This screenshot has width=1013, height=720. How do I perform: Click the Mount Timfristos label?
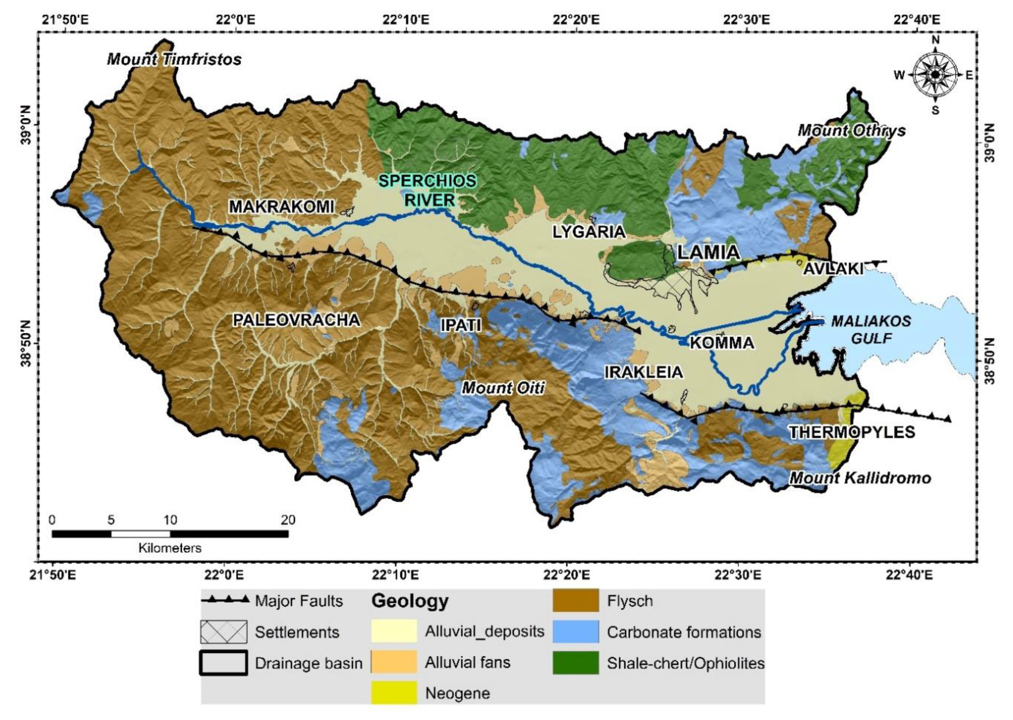(174, 59)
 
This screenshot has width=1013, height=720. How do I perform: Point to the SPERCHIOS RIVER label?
(428, 190)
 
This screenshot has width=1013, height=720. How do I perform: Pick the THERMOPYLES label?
(852, 432)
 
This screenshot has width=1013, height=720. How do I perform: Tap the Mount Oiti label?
(503, 388)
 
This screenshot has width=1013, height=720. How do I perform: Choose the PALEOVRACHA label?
(296, 320)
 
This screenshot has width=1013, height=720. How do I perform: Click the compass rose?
(935, 75)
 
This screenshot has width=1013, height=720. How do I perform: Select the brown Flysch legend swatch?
(575, 601)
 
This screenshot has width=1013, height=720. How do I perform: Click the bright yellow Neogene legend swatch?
(394, 692)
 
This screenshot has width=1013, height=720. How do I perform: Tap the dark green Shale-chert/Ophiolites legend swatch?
(575, 662)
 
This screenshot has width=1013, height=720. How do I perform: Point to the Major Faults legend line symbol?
(225, 601)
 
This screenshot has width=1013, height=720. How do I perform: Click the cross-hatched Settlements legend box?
(223, 632)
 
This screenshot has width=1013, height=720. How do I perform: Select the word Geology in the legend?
(410, 601)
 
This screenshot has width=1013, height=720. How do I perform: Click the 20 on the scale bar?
(288, 520)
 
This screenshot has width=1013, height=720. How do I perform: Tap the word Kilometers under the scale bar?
(170, 548)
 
